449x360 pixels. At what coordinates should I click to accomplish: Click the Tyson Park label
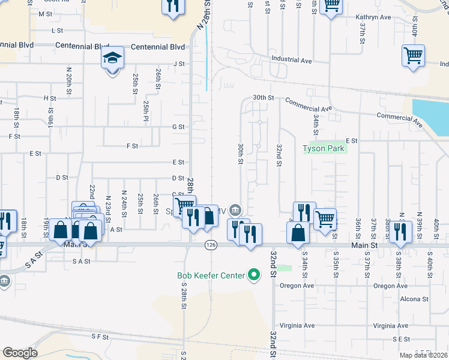click(x=324, y=148)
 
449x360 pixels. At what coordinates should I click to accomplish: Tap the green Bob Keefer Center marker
click(x=255, y=275)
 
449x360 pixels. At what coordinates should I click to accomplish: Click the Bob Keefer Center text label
click(x=211, y=276)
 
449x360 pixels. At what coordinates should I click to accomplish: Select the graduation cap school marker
click(x=112, y=59)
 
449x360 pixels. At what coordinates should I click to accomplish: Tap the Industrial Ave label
click(x=292, y=60)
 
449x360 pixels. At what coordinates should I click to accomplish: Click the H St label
click(x=49, y=98)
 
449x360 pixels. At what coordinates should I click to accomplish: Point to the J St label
click(x=179, y=63)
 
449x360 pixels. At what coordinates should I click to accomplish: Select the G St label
click(x=178, y=127)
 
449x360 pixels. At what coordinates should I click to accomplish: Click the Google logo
click(x=19, y=353)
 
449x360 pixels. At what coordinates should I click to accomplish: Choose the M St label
click(x=45, y=13)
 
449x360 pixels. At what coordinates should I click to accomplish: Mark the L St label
click(x=58, y=29)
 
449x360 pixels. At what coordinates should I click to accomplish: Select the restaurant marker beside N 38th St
click(x=400, y=231)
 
